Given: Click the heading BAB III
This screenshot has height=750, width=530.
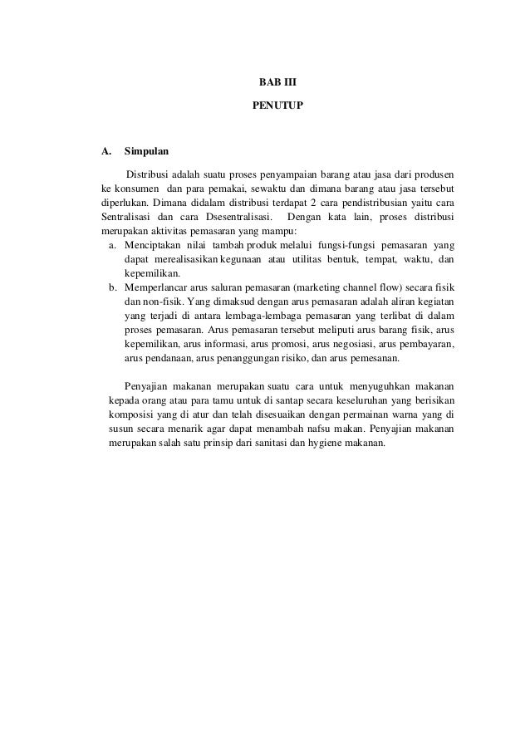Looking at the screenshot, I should pos(266,84).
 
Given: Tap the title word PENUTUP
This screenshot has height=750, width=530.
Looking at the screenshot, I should pos(266,107).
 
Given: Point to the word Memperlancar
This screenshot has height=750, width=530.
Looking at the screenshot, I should pos(154,287).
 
